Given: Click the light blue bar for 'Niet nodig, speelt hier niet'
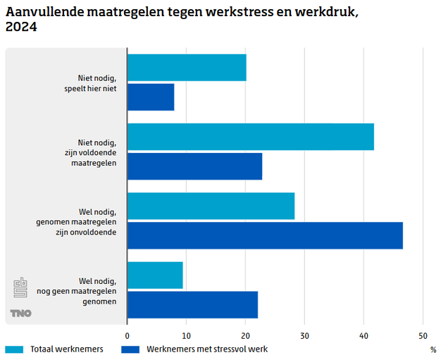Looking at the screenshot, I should (x=187, y=67).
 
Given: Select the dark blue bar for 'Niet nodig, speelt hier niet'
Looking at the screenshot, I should (x=151, y=97).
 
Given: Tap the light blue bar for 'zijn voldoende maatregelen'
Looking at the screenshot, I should (x=251, y=136).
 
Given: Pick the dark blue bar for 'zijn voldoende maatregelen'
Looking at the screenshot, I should (x=194, y=166).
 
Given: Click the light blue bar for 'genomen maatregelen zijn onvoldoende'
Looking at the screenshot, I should (x=211, y=206).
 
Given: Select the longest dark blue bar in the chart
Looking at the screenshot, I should (x=265, y=235).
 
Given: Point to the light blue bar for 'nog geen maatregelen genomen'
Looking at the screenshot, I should (x=155, y=275).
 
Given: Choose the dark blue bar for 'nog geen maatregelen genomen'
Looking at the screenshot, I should (x=192, y=304).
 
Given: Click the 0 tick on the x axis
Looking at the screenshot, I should (x=128, y=335).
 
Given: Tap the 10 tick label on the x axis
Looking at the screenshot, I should (x=186, y=335).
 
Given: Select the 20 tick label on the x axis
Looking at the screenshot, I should (x=245, y=335).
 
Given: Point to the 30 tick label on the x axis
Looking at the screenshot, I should (x=304, y=335).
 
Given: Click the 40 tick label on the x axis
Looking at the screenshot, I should (x=364, y=335).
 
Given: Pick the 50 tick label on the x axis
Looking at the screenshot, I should (x=423, y=335).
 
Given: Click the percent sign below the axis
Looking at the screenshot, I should (x=433, y=349).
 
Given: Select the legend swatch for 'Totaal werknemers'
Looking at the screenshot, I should (x=15, y=349).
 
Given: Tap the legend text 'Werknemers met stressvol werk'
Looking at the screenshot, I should (x=207, y=349).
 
